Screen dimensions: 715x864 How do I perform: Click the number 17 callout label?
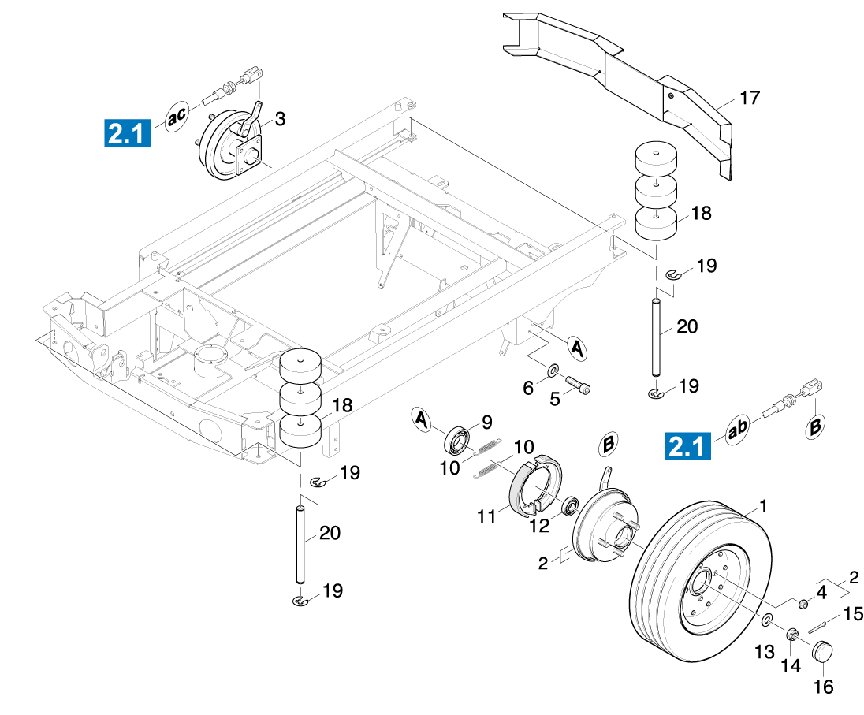[x=750, y=98]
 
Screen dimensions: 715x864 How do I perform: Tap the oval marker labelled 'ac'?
[x=177, y=116]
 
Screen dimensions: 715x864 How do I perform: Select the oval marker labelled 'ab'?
[x=737, y=431]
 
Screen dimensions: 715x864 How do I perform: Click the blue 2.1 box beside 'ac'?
[x=127, y=132]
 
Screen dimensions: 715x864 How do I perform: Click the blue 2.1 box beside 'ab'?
[x=688, y=447]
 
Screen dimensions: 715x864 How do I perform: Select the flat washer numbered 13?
[x=767, y=618]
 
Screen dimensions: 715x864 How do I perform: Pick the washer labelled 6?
[x=553, y=369]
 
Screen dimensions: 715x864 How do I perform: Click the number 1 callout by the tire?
[x=763, y=505]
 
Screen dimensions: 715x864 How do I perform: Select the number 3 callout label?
[x=280, y=119]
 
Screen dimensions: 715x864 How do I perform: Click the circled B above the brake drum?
[x=609, y=445]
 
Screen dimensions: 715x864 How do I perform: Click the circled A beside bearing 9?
[x=423, y=419]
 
